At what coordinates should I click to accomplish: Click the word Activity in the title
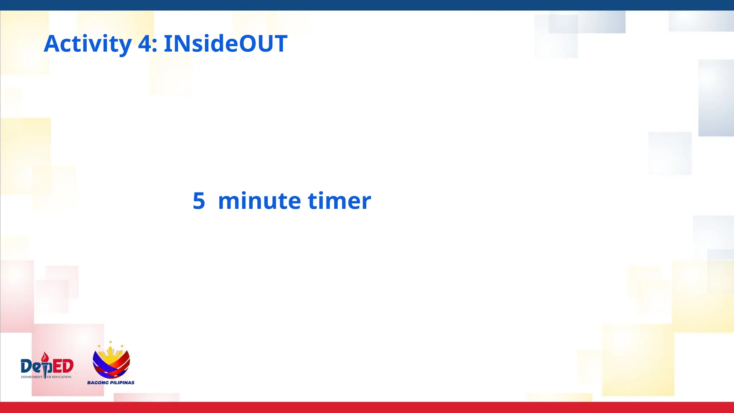pyautogui.click(x=88, y=44)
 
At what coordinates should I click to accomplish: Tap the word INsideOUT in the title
pyautogui.click(x=225, y=44)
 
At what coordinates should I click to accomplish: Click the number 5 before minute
pyautogui.click(x=199, y=201)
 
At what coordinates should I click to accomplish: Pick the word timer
pyautogui.click(x=339, y=201)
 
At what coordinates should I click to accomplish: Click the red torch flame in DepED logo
pyautogui.click(x=45, y=357)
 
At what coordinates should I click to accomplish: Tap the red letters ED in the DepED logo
pyautogui.click(x=63, y=366)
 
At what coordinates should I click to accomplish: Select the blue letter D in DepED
pyautogui.click(x=27, y=366)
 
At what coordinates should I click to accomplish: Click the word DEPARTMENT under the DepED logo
pyautogui.click(x=32, y=377)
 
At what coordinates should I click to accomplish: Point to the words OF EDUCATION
pyautogui.click(x=59, y=377)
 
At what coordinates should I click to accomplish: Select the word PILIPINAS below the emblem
pyautogui.click(x=122, y=383)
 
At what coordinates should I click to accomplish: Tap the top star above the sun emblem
pyautogui.click(x=110, y=342)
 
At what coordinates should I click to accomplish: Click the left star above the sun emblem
pyautogui.click(x=99, y=346)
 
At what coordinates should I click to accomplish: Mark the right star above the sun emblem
pyautogui.click(x=122, y=346)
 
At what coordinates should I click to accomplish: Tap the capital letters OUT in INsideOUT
pyautogui.click(x=263, y=44)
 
